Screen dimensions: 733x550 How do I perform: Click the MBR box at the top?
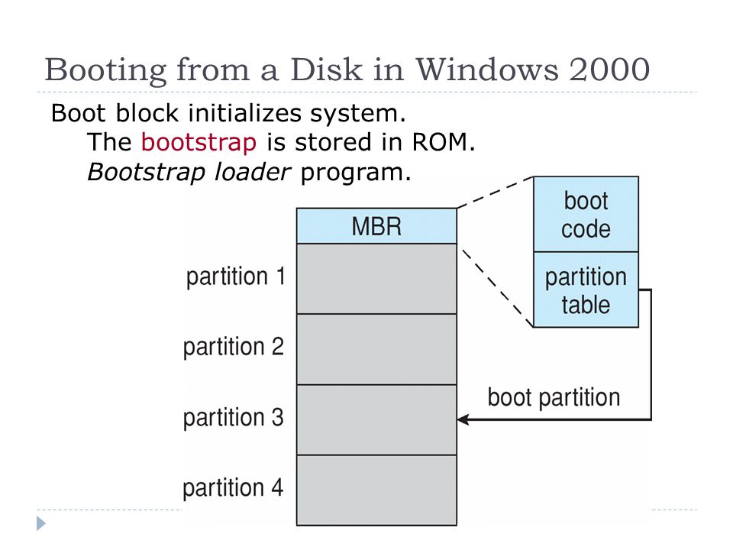click(376, 226)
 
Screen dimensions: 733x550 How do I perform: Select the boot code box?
click(586, 214)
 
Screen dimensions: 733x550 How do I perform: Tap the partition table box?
click(586, 290)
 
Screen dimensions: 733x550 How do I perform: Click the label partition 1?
click(236, 277)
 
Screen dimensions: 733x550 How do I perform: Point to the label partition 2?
click(234, 347)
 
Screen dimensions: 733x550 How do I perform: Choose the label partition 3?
click(234, 418)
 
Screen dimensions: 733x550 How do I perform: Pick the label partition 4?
click(233, 488)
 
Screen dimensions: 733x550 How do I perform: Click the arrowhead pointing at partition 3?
click(463, 419)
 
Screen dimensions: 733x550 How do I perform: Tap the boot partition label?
click(554, 398)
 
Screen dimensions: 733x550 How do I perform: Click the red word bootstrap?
click(199, 142)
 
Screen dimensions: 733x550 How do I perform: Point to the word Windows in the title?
click(486, 70)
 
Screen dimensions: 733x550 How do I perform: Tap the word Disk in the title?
click(326, 70)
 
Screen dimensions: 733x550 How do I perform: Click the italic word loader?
click(253, 172)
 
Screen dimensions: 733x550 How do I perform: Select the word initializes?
click(244, 113)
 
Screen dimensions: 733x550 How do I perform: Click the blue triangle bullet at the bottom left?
click(41, 523)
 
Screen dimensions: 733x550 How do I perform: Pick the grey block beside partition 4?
click(376, 490)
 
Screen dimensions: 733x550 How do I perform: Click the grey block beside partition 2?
click(376, 349)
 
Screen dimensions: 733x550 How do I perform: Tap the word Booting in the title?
click(105, 71)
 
